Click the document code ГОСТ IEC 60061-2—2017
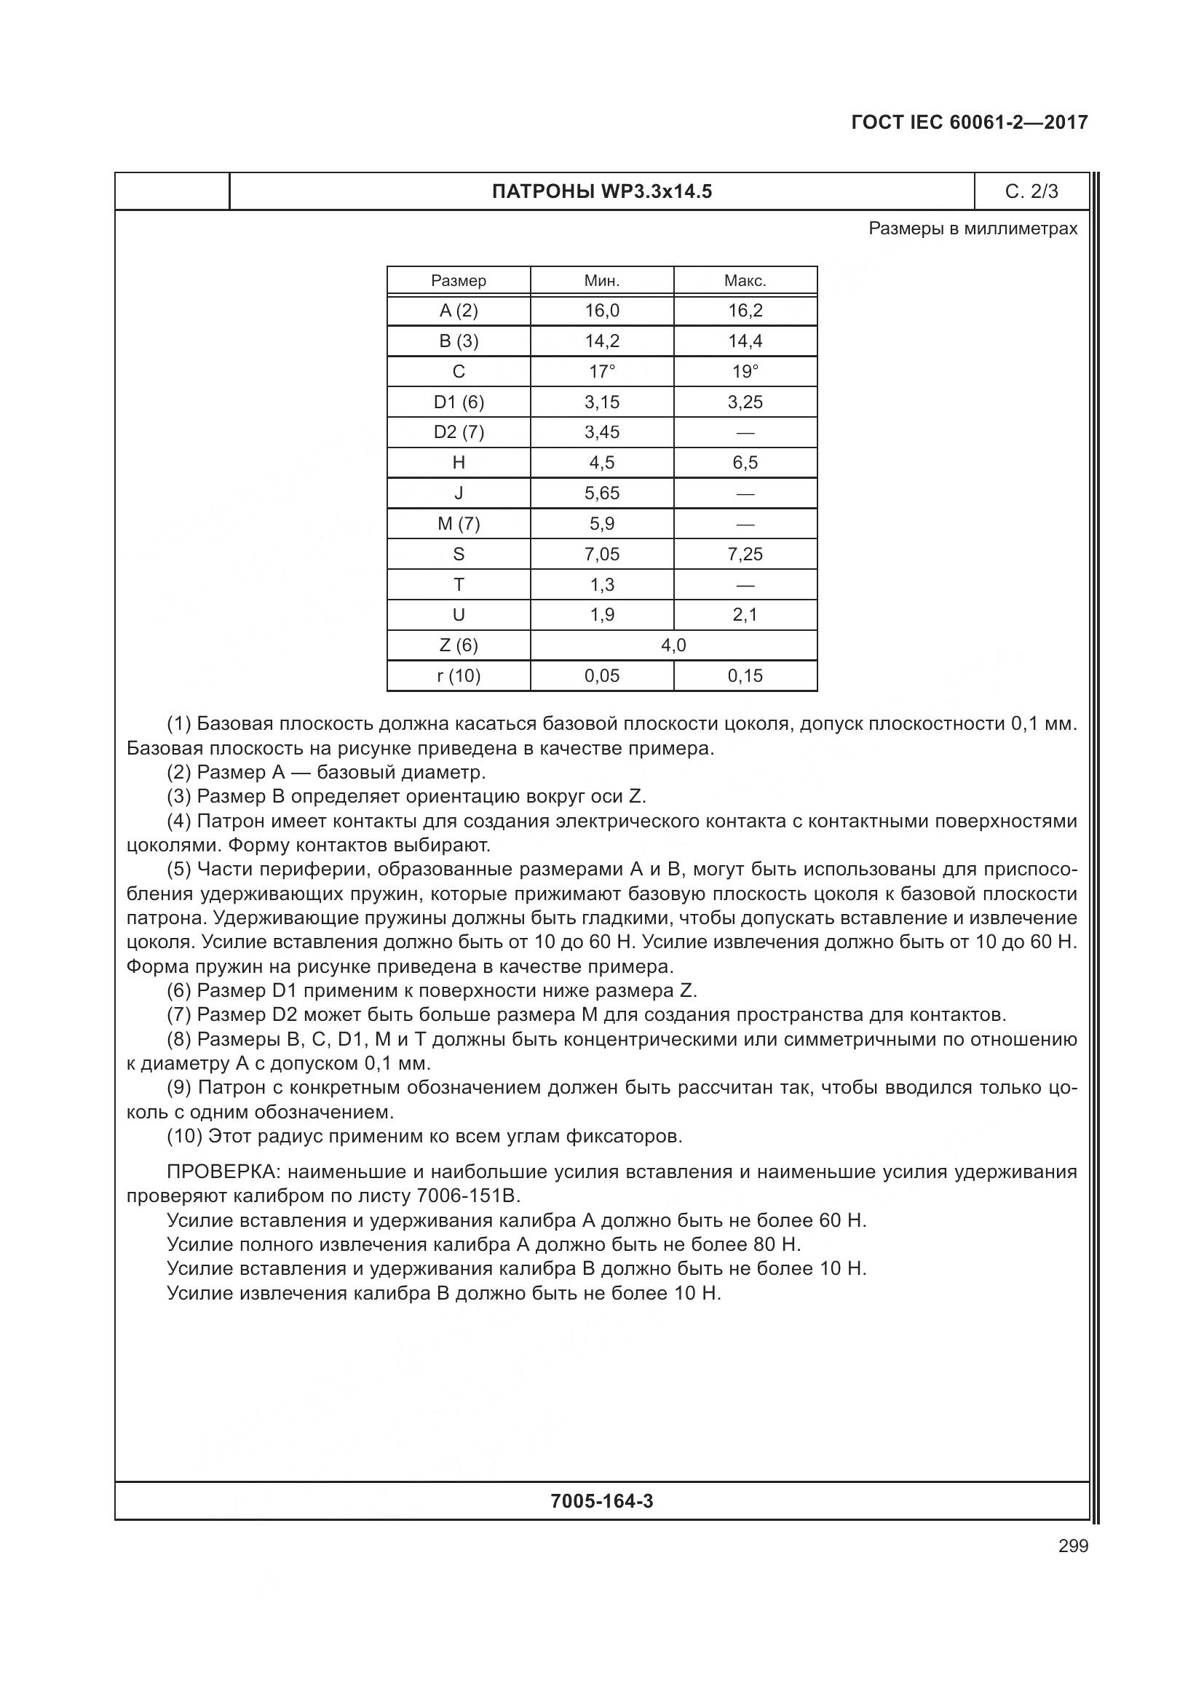pos(969,122)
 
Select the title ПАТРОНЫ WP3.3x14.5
pos(601,192)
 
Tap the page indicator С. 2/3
pos(1031,192)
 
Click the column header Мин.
pos(601,281)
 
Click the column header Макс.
pos(745,281)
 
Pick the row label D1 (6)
pos(458,402)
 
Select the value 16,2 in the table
pos(745,311)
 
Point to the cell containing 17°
pos(601,371)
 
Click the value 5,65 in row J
pos(601,493)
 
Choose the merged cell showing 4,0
pos(673,645)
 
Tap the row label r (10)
pos(458,676)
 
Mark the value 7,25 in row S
pos(745,554)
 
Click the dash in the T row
pos(745,585)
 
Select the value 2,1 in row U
pos(745,615)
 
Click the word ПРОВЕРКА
pos(222,1173)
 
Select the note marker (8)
pos(178,1039)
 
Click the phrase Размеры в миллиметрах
pos(972,228)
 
